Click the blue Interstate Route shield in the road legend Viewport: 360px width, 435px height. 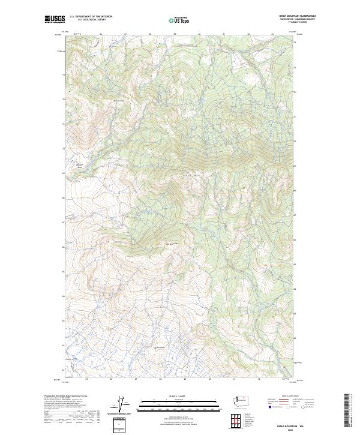click(x=268, y=406)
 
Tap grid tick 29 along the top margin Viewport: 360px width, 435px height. click(x=174, y=34)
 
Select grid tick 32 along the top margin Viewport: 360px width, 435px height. click(x=248, y=34)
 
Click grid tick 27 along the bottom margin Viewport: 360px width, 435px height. click(x=136, y=379)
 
